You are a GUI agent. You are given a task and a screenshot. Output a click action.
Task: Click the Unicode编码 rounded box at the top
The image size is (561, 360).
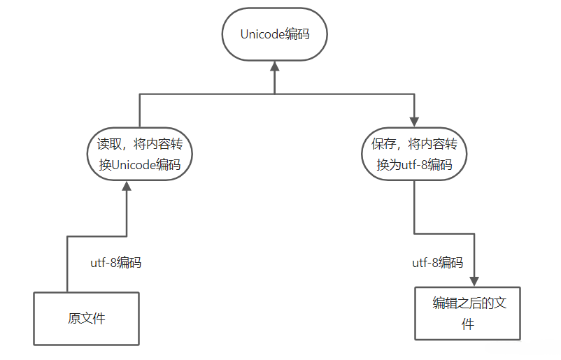click(x=274, y=34)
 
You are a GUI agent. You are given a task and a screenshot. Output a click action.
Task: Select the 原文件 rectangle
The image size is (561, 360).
click(x=87, y=318)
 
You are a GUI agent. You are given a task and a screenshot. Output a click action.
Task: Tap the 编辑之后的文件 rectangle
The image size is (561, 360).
click(x=467, y=313)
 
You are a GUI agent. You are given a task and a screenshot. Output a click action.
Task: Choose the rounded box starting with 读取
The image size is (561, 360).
click(x=140, y=154)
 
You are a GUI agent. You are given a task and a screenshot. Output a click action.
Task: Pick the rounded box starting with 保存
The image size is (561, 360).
click(x=414, y=154)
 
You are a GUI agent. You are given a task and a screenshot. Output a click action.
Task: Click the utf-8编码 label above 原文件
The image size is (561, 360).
click(x=115, y=263)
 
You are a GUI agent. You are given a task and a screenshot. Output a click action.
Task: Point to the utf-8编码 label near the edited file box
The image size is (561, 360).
click(x=437, y=263)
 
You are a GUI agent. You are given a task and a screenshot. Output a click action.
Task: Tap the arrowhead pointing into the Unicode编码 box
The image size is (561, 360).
click(x=275, y=66)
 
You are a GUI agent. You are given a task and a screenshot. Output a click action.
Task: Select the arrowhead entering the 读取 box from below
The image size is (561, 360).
click(x=127, y=186)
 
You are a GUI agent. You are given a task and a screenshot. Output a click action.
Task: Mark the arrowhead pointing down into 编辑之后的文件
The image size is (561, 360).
click(x=474, y=281)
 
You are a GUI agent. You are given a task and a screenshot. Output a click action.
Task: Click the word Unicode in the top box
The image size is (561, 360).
click(x=262, y=34)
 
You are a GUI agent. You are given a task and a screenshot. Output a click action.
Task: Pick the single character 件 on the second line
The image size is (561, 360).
click(x=468, y=324)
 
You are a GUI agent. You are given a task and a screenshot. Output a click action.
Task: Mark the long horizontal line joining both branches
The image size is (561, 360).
click(x=210, y=94)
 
